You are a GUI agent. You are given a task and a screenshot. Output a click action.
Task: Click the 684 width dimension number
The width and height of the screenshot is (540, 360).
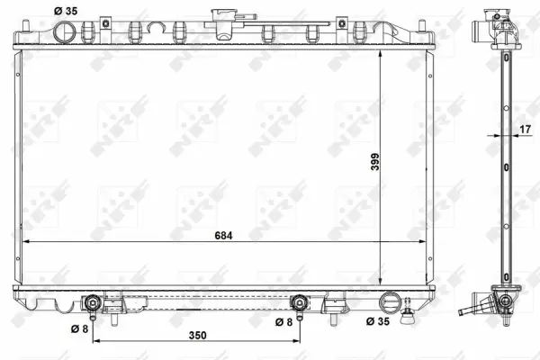223,235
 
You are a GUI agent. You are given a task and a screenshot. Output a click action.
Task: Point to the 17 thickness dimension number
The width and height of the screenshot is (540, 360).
524,130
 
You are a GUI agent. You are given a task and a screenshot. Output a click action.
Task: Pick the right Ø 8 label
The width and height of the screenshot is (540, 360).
283,320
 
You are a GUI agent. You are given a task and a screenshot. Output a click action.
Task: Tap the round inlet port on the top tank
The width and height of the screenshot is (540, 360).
66,31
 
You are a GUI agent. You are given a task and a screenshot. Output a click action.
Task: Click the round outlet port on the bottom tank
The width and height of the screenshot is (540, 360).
391,301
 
